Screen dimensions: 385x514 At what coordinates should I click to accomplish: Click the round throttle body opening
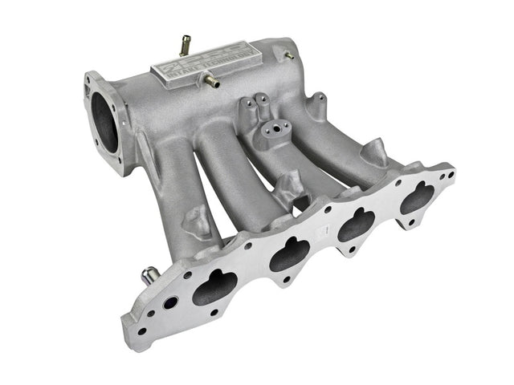[x=107, y=120]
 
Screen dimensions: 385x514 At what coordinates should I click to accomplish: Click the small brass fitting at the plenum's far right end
[x=288, y=55]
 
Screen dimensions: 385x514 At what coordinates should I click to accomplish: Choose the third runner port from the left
[x=356, y=225]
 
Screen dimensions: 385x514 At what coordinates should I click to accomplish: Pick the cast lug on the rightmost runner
[x=376, y=152]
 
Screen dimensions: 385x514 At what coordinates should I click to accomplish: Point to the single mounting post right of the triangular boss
[x=318, y=103]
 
